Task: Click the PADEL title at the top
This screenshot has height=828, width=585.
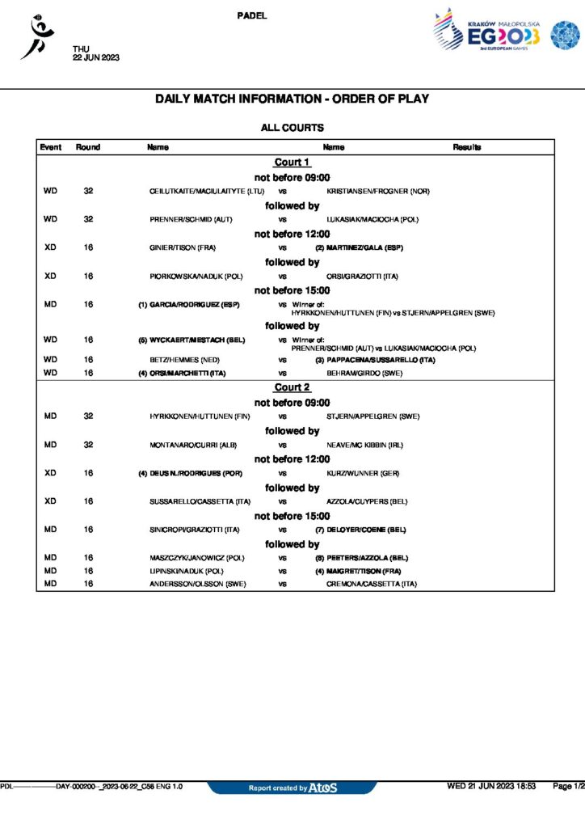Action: click(253, 15)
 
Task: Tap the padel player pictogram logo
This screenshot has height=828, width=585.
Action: click(36, 37)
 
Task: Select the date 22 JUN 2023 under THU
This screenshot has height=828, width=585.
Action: click(96, 57)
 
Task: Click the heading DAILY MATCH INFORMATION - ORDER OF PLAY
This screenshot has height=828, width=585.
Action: click(292, 99)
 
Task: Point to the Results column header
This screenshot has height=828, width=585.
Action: click(467, 147)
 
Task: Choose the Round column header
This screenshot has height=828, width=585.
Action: click(88, 147)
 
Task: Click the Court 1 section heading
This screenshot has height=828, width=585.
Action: click(292, 163)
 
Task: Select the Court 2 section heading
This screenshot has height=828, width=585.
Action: click(292, 387)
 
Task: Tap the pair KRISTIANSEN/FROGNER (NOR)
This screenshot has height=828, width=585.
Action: click(378, 192)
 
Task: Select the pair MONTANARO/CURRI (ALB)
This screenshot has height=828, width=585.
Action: click(187, 445)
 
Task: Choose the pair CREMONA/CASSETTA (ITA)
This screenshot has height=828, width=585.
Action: click(372, 584)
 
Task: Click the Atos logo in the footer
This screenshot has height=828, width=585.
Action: click(323, 788)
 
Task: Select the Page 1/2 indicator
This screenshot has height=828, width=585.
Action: click(568, 786)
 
